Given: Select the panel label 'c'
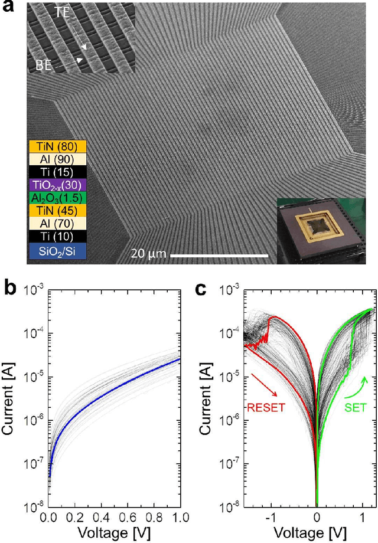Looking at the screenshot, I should [201, 288].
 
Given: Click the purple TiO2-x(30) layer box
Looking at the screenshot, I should [57, 184].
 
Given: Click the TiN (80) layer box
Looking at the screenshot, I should [57, 144].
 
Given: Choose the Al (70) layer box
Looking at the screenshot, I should [57, 225].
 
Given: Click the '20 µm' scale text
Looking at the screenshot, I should [147, 254].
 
